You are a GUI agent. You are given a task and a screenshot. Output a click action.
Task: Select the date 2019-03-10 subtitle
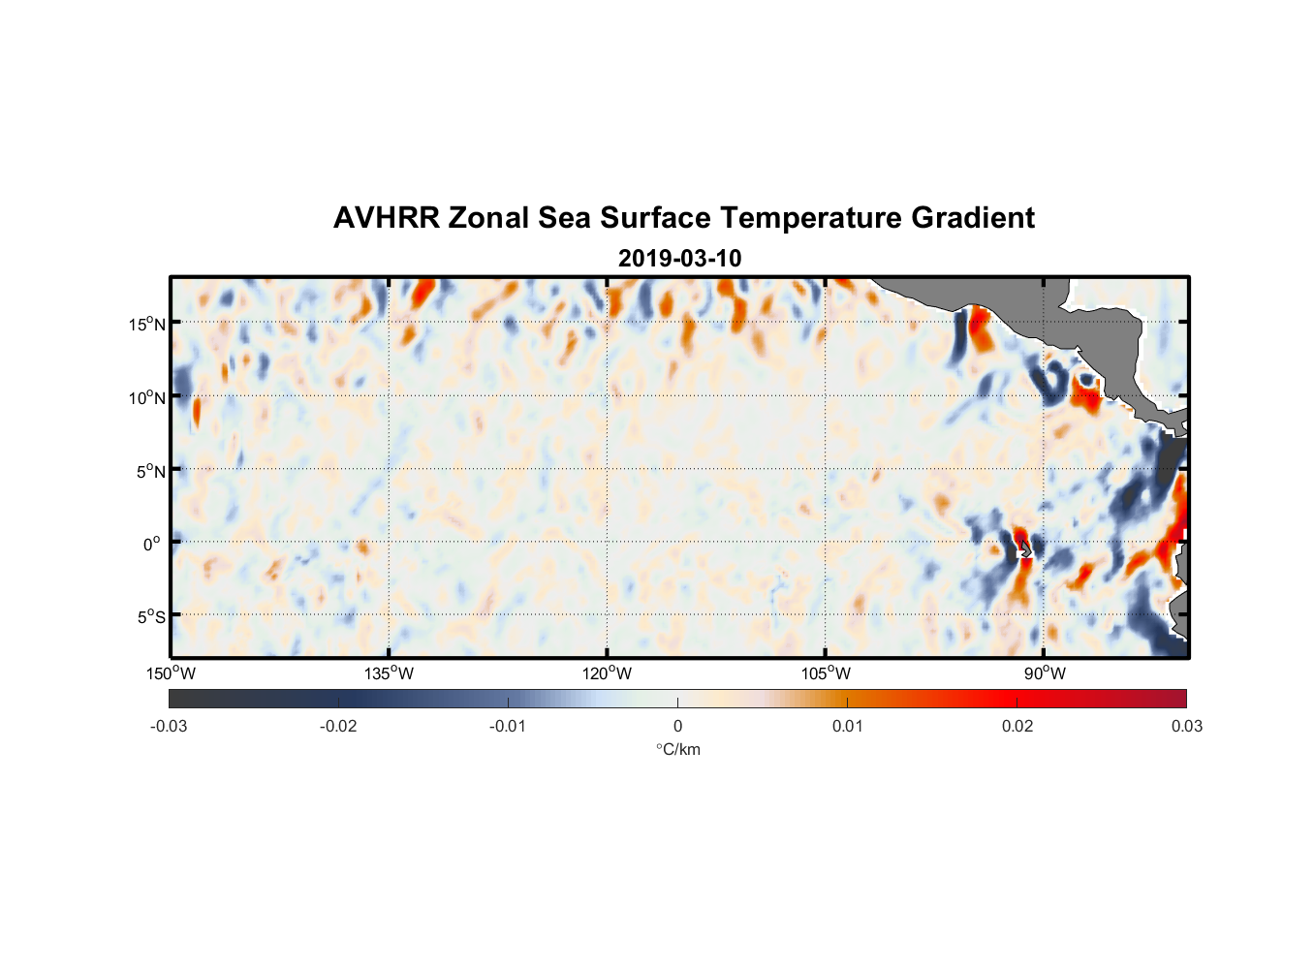[x=679, y=259]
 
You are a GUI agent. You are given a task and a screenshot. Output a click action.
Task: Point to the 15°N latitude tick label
[x=147, y=324]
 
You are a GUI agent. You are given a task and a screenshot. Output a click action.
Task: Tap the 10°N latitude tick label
[x=147, y=397]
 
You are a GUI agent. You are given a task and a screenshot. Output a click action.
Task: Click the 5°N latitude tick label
[x=150, y=471]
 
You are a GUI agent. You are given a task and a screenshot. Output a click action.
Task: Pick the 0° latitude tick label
[x=152, y=544]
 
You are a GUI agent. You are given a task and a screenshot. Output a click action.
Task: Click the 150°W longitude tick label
[x=171, y=673]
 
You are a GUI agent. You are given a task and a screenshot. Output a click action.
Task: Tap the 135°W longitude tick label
[x=389, y=673]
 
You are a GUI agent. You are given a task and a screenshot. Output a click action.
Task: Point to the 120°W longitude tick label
[x=607, y=673]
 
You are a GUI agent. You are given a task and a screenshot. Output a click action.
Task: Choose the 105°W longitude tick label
[x=826, y=673]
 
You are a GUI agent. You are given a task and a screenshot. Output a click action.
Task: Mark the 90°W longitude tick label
[x=1045, y=673]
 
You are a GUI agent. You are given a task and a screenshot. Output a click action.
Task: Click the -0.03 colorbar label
[x=169, y=726]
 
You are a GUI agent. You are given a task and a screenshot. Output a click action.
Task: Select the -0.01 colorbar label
[x=508, y=726]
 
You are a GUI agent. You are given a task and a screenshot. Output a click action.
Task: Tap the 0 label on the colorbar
[x=677, y=726]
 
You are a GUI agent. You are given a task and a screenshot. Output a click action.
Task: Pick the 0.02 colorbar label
[x=1017, y=726]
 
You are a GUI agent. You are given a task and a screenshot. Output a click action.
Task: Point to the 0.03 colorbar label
[x=1186, y=726]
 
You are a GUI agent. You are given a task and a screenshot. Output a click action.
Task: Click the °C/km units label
[x=677, y=749]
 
